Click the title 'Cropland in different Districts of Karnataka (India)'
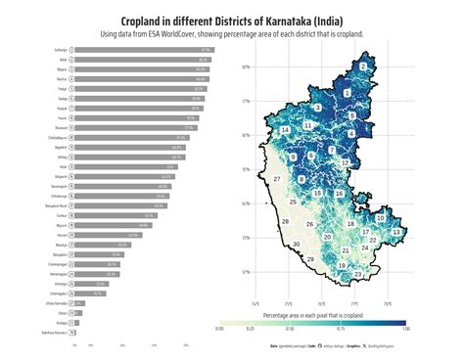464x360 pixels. pyautogui.click(x=232, y=21)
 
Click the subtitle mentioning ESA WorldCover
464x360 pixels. pyautogui.click(x=232, y=34)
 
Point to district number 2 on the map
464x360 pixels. pyautogui.click(x=362, y=66)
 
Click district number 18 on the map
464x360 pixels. pyautogui.click(x=350, y=224)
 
